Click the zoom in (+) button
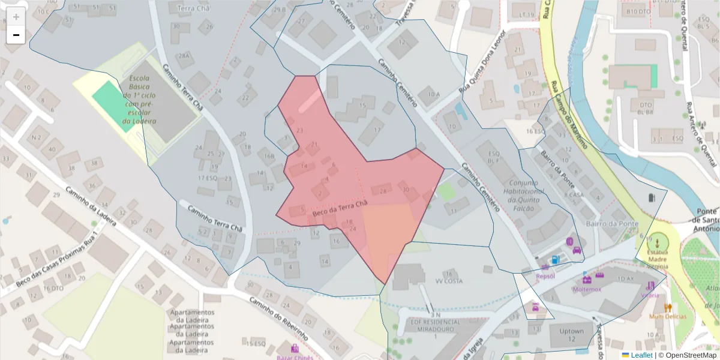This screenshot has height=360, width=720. point(16,17)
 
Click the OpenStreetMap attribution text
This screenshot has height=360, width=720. point(691,355)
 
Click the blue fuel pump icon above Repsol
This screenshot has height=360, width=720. point(556,260)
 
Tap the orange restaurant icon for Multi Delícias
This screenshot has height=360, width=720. point(668,307)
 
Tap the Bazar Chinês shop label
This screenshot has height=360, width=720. point(294,357)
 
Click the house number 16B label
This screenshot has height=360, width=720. point(269,157)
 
